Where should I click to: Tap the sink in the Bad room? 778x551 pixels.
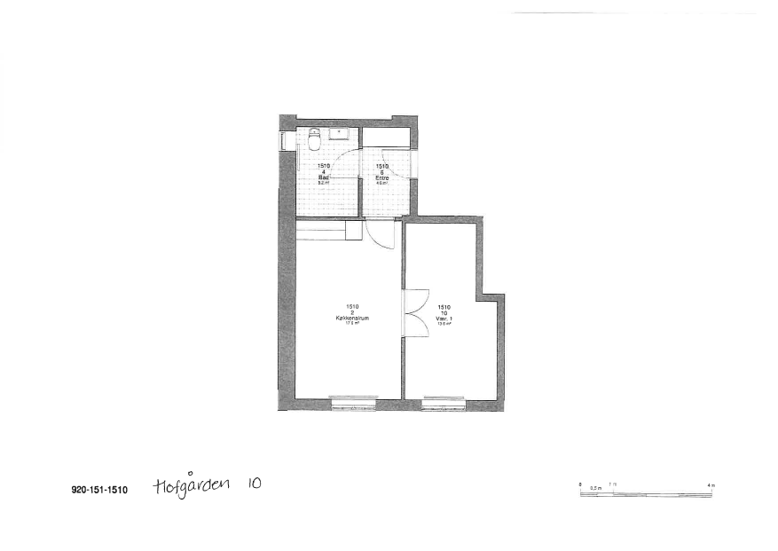click(339, 135)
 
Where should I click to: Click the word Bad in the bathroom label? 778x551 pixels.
click(324, 177)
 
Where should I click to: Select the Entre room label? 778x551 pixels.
click(382, 177)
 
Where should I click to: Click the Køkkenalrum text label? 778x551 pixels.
click(352, 318)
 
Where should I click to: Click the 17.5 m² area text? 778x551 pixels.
click(352, 323)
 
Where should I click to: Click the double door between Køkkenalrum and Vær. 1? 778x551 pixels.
click(413, 313)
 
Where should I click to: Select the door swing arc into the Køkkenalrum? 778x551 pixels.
click(382, 235)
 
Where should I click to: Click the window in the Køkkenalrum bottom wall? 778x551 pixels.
click(353, 405)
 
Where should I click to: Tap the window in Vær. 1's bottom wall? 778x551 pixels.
click(444, 405)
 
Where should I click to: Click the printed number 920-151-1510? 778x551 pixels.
click(100, 489)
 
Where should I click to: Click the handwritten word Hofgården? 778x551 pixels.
click(192, 485)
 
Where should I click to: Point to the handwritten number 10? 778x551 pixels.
click(254, 484)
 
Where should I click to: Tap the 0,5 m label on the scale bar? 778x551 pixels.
click(595, 487)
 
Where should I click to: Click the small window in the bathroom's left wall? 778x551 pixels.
click(282, 141)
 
